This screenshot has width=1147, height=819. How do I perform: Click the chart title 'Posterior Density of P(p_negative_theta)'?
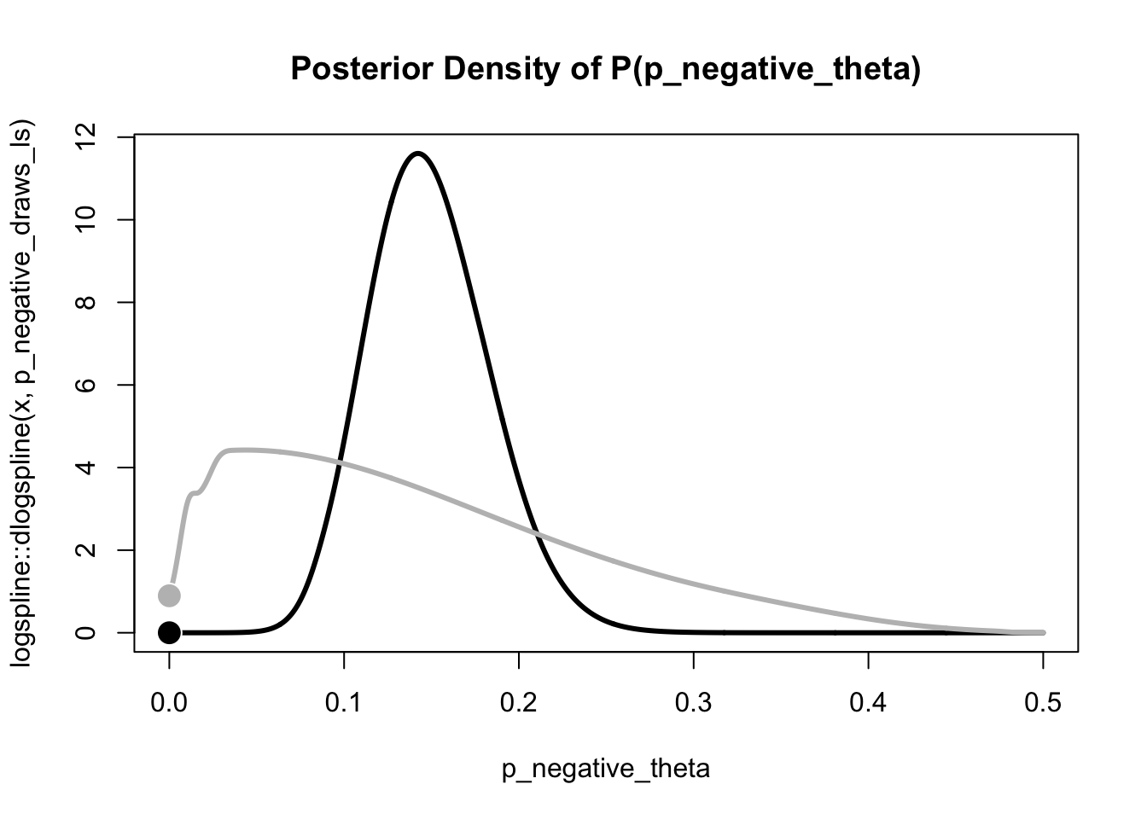tap(605, 68)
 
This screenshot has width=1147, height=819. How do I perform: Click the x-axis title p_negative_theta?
tap(605, 769)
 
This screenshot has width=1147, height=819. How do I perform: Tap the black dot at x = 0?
tap(169, 632)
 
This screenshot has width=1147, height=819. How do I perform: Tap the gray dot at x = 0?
tap(169, 595)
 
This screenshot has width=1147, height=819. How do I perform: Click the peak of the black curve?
tap(417, 154)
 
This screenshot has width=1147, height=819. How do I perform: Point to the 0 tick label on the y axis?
tap(85, 632)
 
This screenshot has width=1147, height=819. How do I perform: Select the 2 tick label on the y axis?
tap(85, 550)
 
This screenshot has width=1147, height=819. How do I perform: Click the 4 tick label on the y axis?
tap(85, 468)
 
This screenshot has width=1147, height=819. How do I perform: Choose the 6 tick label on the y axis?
tap(85, 385)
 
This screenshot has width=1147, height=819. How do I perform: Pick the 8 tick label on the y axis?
tap(85, 302)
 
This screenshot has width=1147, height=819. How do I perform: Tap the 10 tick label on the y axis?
tap(85, 219)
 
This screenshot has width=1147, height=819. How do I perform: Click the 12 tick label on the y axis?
tap(85, 137)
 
